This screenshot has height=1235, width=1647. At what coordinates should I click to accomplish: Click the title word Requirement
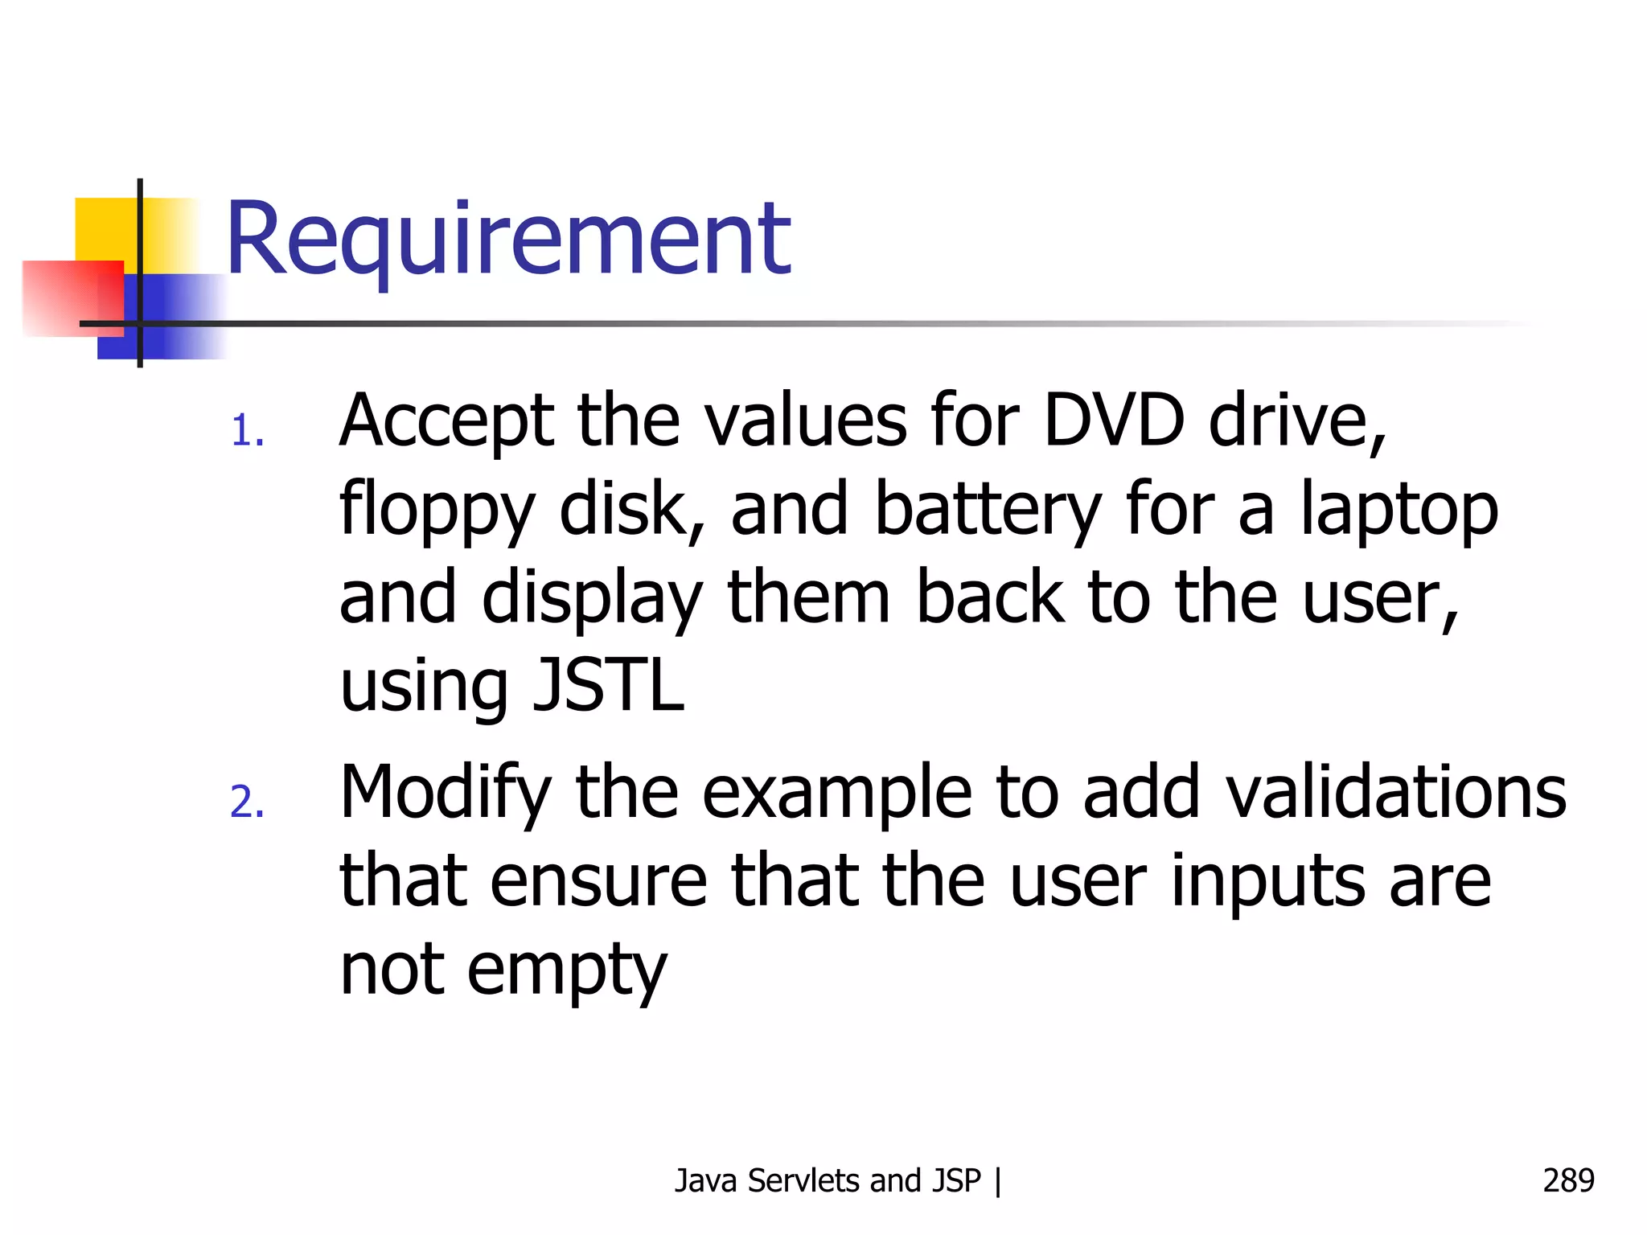click(508, 240)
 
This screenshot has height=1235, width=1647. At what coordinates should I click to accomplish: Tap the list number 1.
click(246, 431)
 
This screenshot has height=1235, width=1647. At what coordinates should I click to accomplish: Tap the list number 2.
click(246, 802)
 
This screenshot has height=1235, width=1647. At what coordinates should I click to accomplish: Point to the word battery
click(988, 511)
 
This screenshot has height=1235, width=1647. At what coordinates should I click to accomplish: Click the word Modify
click(446, 794)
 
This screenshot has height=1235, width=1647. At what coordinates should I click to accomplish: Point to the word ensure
click(599, 882)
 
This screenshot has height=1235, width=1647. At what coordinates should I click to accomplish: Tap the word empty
click(567, 971)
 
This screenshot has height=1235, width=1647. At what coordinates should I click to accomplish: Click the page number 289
click(1568, 1180)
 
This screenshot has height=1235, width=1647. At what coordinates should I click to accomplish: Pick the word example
click(836, 794)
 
